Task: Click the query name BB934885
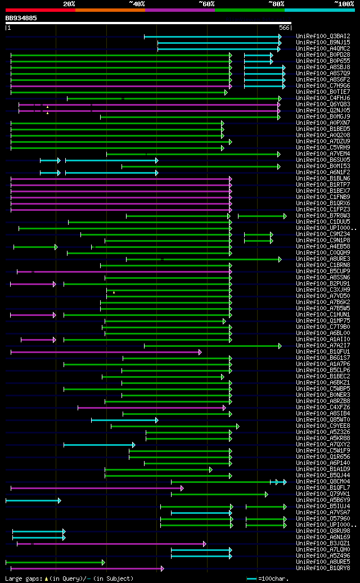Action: tap(21, 18)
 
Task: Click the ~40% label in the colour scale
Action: tap(137, 4)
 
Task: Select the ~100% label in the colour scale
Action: tap(344, 4)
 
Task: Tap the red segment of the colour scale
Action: tap(40, 10)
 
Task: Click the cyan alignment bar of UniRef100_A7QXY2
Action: tap(98, 445)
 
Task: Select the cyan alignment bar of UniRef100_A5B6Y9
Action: tap(33, 500)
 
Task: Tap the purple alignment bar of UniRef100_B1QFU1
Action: tap(105, 352)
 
